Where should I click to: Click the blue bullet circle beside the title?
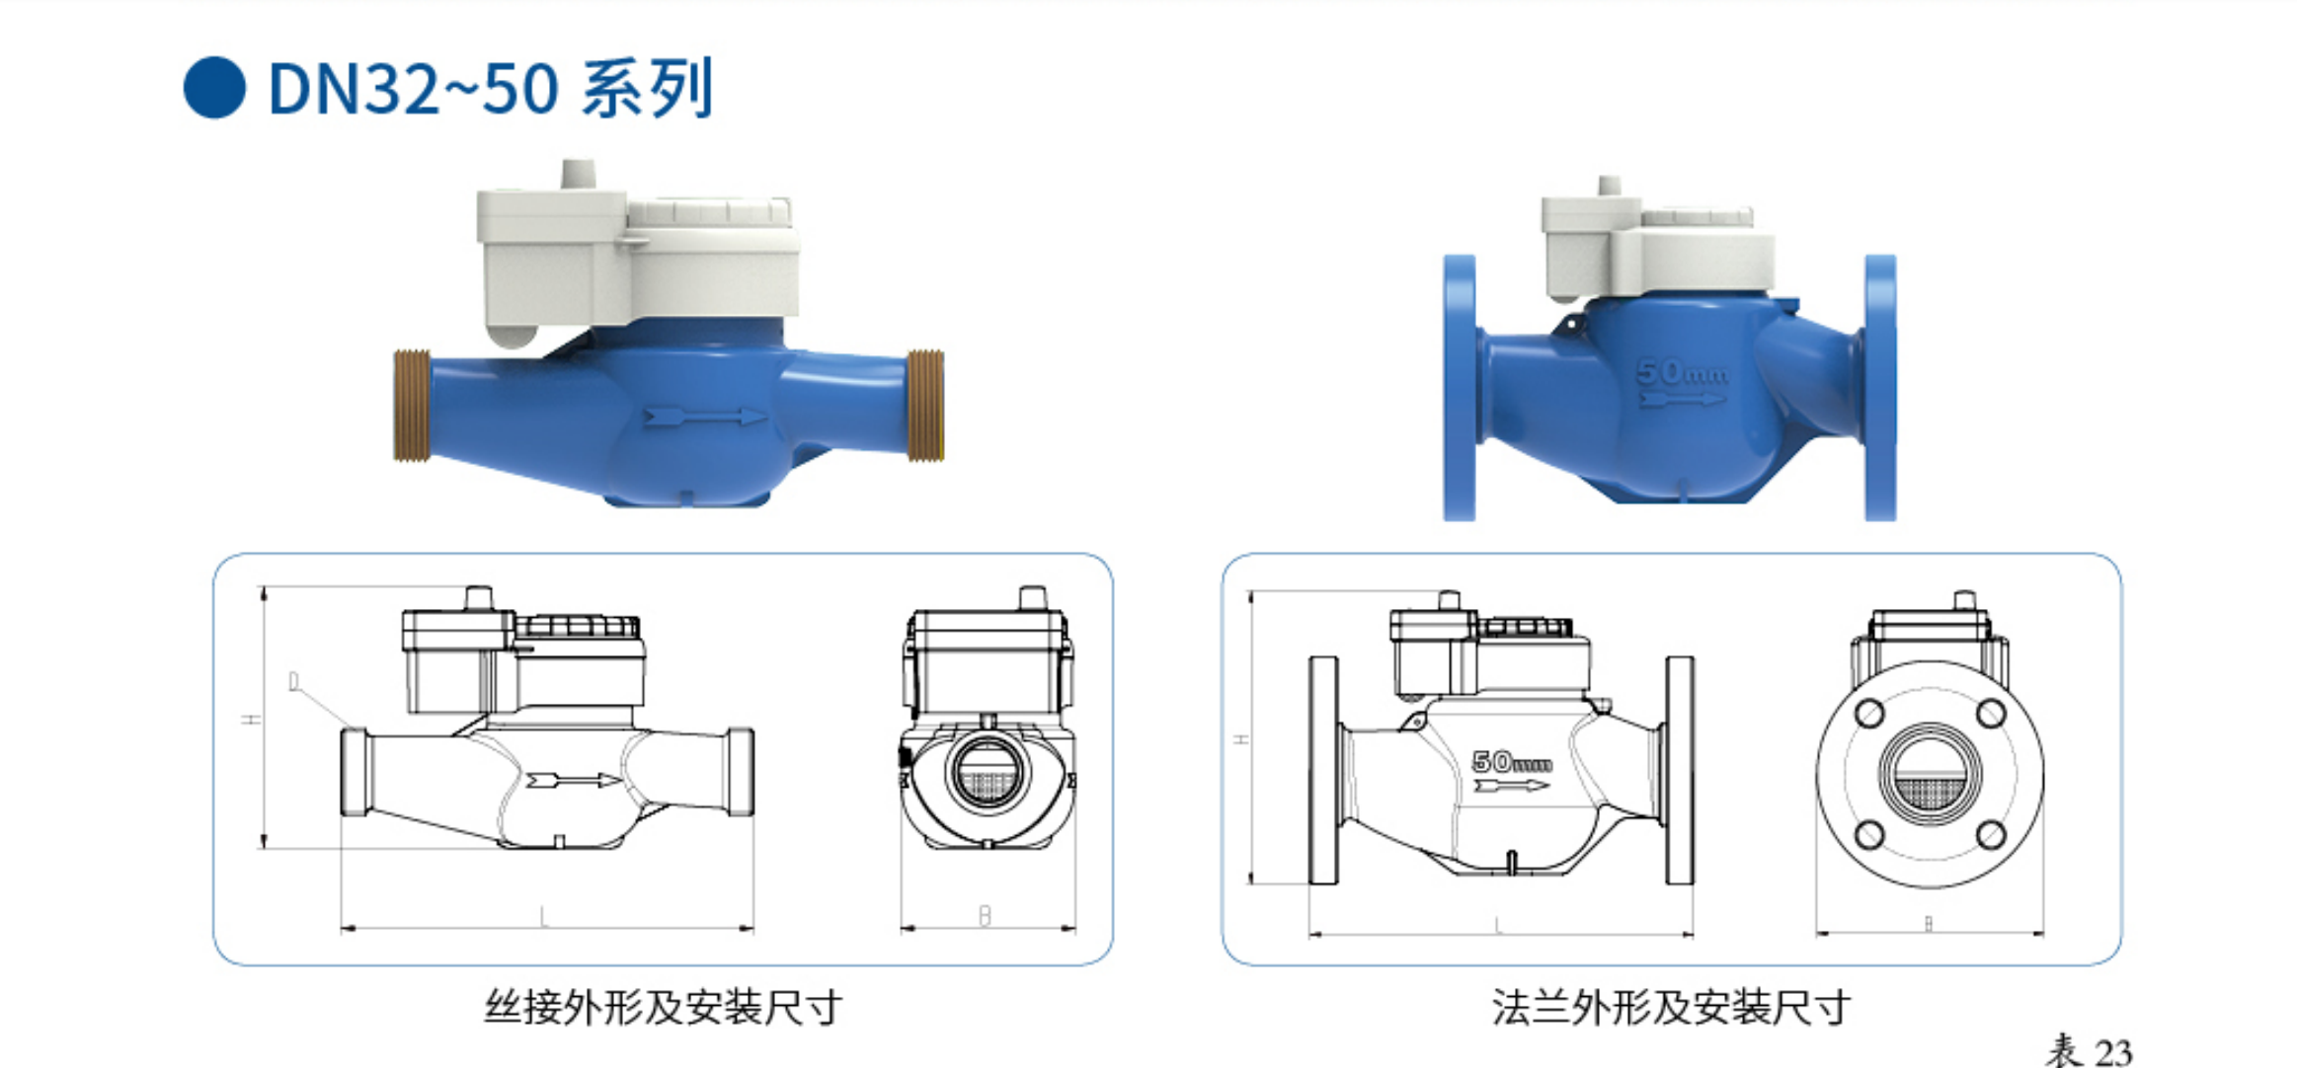(214, 89)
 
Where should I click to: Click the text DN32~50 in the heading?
(413, 90)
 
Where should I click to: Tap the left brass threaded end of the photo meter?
(411, 405)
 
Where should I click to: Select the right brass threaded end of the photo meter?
(925, 405)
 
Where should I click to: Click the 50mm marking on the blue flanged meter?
(1682, 373)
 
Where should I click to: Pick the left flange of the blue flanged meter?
(1460, 388)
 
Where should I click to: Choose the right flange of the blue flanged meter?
(1880, 388)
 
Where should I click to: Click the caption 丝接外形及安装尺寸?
(663, 1008)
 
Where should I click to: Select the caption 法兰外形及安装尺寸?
(1671, 1008)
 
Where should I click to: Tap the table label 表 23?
(2089, 1051)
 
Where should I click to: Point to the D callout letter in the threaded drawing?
(293, 682)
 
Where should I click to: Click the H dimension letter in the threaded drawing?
(254, 719)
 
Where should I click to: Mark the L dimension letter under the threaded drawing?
(543, 917)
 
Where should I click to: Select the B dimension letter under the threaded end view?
(985, 916)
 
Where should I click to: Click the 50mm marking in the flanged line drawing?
(1511, 762)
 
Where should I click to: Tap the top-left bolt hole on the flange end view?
(1869, 713)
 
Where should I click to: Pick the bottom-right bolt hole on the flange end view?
(1991, 835)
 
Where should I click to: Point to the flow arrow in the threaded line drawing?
(573, 781)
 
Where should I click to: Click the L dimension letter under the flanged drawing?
(1498, 925)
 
